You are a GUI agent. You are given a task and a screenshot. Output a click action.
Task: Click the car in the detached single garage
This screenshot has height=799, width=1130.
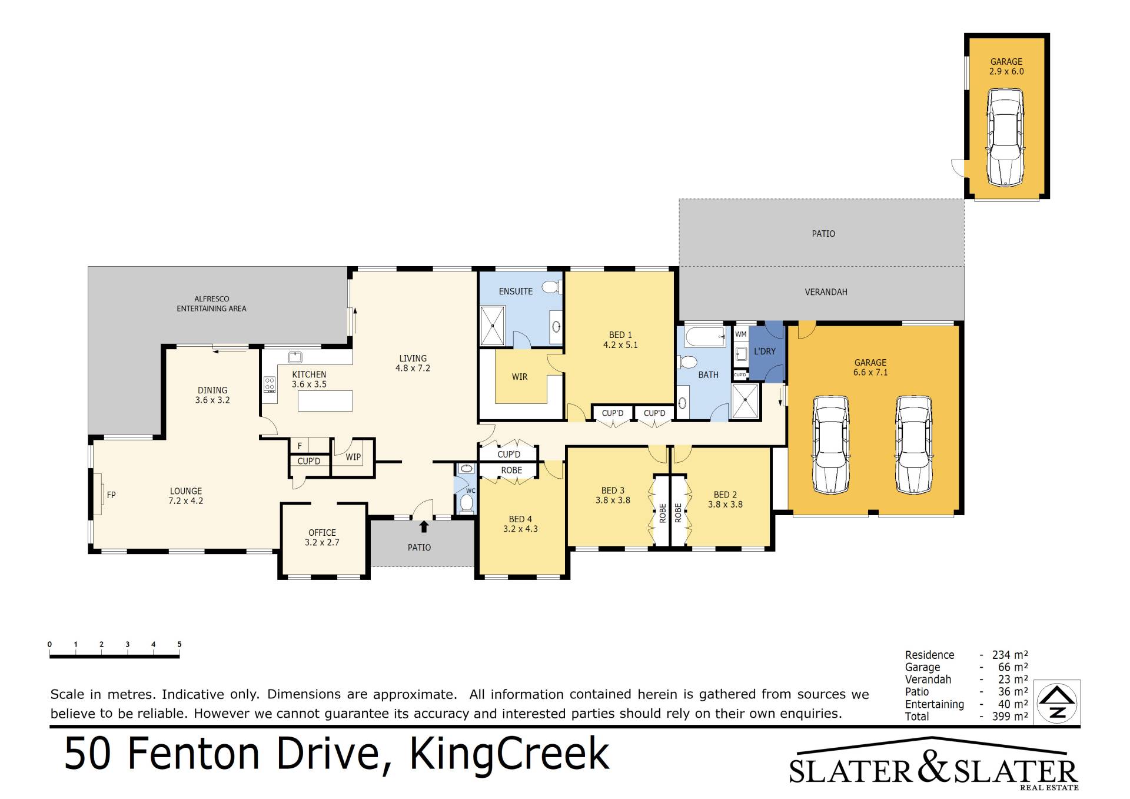click(1005, 137)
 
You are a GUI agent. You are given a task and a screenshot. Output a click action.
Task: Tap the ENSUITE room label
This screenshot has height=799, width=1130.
click(516, 291)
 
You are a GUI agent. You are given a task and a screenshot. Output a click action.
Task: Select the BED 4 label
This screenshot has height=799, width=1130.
click(520, 519)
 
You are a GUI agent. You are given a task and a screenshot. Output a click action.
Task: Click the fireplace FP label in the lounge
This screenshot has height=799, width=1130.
click(111, 495)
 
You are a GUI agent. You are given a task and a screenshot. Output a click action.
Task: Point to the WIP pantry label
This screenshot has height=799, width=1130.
click(353, 457)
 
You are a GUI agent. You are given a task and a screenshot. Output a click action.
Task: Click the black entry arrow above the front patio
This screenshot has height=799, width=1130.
click(424, 526)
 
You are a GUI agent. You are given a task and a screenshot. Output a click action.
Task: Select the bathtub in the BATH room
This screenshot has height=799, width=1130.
click(705, 337)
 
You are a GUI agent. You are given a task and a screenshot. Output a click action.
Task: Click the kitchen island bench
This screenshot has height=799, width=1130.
click(325, 400)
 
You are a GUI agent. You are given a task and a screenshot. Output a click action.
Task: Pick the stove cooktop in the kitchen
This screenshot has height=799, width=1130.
click(270, 384)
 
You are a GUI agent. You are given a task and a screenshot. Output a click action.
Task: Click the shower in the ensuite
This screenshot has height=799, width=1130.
click(493, 326)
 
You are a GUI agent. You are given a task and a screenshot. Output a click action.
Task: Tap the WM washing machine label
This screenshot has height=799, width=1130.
click(741, 334)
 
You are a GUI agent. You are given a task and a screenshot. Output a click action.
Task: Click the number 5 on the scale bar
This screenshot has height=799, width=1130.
click(180, 644)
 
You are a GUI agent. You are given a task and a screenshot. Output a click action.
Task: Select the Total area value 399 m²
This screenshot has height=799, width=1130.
click(1010, 717)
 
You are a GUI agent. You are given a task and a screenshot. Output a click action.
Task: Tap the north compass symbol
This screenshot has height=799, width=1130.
click(1058, 702)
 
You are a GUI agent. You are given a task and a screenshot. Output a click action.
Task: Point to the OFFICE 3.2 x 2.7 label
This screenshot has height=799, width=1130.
click(322, 538)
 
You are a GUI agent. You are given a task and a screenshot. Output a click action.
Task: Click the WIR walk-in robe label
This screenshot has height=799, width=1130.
click(520, 377)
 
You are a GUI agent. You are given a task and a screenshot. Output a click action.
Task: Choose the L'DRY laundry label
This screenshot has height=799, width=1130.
click(765, 352)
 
